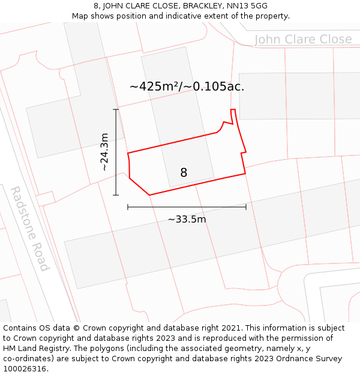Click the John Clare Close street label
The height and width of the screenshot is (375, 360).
pos(303,40)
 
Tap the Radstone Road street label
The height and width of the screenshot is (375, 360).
pos(29,229)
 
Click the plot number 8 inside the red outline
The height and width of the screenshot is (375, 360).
pos(184,173)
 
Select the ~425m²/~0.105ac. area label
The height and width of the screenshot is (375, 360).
pos(187,86)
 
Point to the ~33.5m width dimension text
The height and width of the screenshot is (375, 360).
pos(187,219)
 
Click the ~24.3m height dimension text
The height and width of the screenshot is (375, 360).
pos(104,152)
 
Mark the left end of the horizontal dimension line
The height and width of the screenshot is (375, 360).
pos(128,207)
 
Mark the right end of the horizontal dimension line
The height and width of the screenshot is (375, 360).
pos(246,207)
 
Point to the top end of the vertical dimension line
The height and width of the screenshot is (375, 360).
pos(116,109)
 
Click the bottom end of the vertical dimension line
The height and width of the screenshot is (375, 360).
pos(116,195)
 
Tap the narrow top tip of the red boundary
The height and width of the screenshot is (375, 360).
pos(233,110)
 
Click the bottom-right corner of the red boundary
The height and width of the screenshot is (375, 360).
pos(245,174)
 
